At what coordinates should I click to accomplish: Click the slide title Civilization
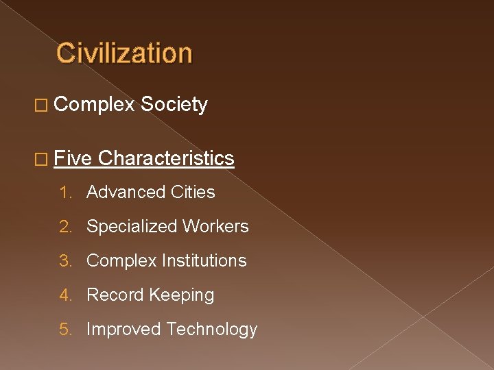tap(124, 53)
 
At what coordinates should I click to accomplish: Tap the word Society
tap(174, 105)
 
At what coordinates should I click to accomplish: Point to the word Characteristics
tap(166, 159)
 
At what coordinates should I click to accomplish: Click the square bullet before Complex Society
tap(42, 106)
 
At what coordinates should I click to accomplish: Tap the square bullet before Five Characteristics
tap(42, 160)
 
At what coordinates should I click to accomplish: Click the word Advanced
tap(121, 193)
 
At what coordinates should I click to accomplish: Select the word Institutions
tap(204, 261)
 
